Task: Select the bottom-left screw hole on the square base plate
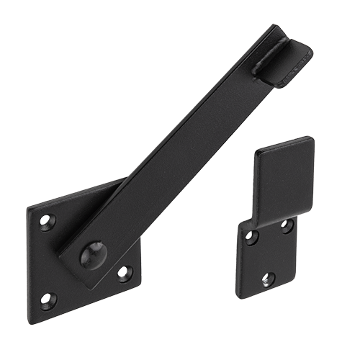coord(48,297)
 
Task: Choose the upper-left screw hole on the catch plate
coord(251,236)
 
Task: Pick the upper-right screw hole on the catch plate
coord(287,226)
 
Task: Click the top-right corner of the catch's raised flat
coord(312,138)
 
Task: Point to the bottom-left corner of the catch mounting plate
coord(245,297)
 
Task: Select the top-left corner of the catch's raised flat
coord(257,153)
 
